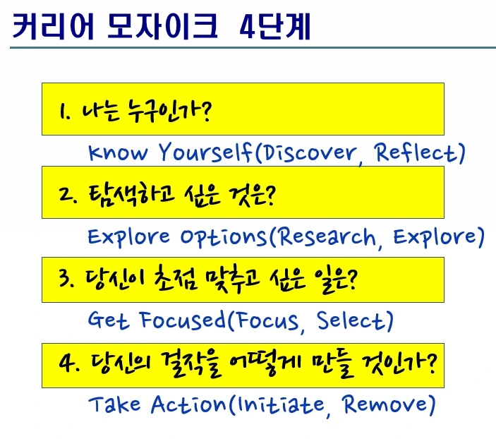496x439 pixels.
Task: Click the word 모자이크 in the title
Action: (x=162, y=27)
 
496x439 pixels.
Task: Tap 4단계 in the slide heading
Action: (x=274, y=27)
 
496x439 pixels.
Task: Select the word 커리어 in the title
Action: (x=53, y=27)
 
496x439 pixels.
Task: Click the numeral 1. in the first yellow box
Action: (x=64, y=111)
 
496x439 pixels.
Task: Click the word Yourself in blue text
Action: (x=205, y=152)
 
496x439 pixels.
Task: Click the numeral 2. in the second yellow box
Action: (x=67, y=195)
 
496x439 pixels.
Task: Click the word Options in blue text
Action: (x=224, y=237)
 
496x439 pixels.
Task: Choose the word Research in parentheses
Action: (x=327, y=236)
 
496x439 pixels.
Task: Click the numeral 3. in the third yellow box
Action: (x=66, y=279)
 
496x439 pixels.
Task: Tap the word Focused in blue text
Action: (x=182, y=320)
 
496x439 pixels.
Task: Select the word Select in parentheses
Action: (x=351, y=320)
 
